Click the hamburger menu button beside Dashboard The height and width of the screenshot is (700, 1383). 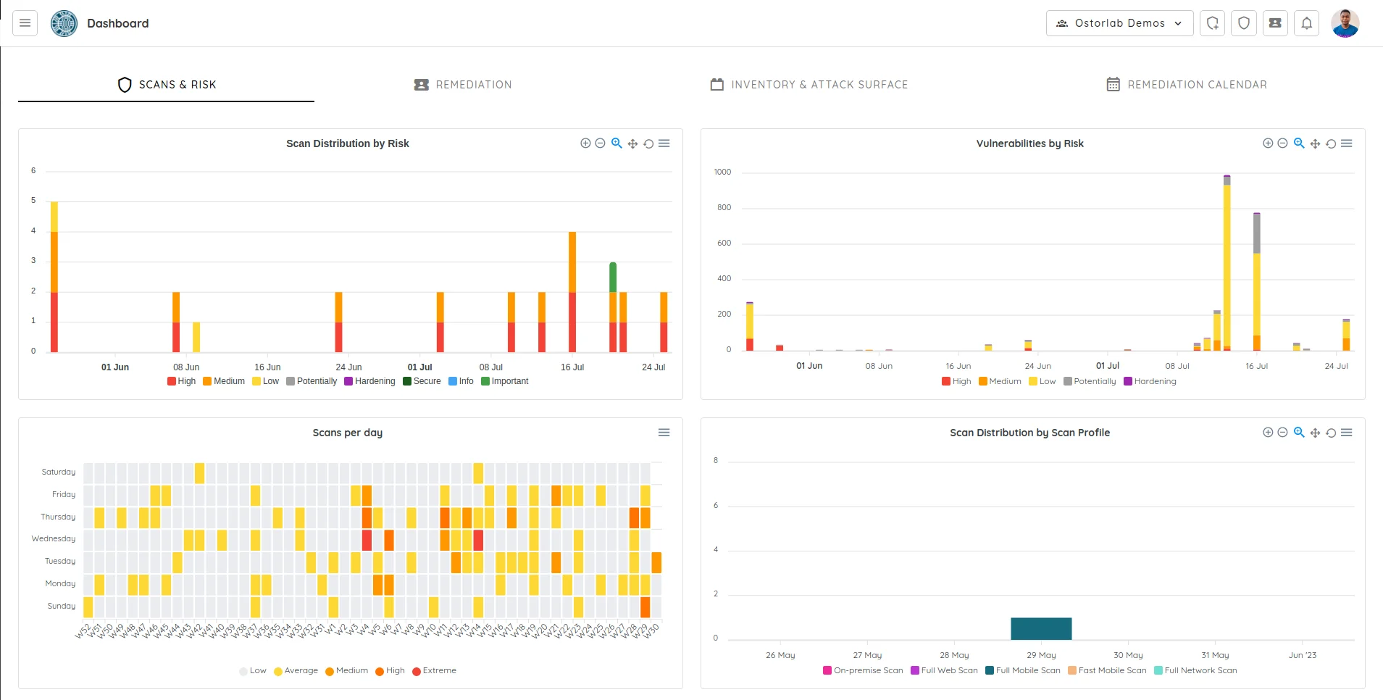(x=25, y=23)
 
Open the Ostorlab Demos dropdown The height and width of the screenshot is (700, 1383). (x=1119, y=23)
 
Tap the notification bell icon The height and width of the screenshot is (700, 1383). (x=1306, y=23)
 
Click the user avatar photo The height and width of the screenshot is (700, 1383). (x=1345, y=23)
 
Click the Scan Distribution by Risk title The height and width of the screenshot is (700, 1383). (x=347, y=143)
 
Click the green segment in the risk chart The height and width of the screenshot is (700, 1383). (x=613, y=277)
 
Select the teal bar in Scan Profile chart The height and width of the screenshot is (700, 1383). (x=1041, y=628)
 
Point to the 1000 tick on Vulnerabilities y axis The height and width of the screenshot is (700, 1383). (x=722, y=172)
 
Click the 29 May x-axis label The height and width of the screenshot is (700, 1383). (x=1041, y=655)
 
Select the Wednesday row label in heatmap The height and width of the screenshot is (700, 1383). (x=54, y=538)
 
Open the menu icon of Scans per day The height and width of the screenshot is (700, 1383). (x=664, y=433)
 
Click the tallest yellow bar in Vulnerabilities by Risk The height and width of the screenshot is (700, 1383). (x=1227, y=261)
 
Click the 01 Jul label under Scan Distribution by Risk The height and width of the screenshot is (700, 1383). (x=419, y=367)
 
